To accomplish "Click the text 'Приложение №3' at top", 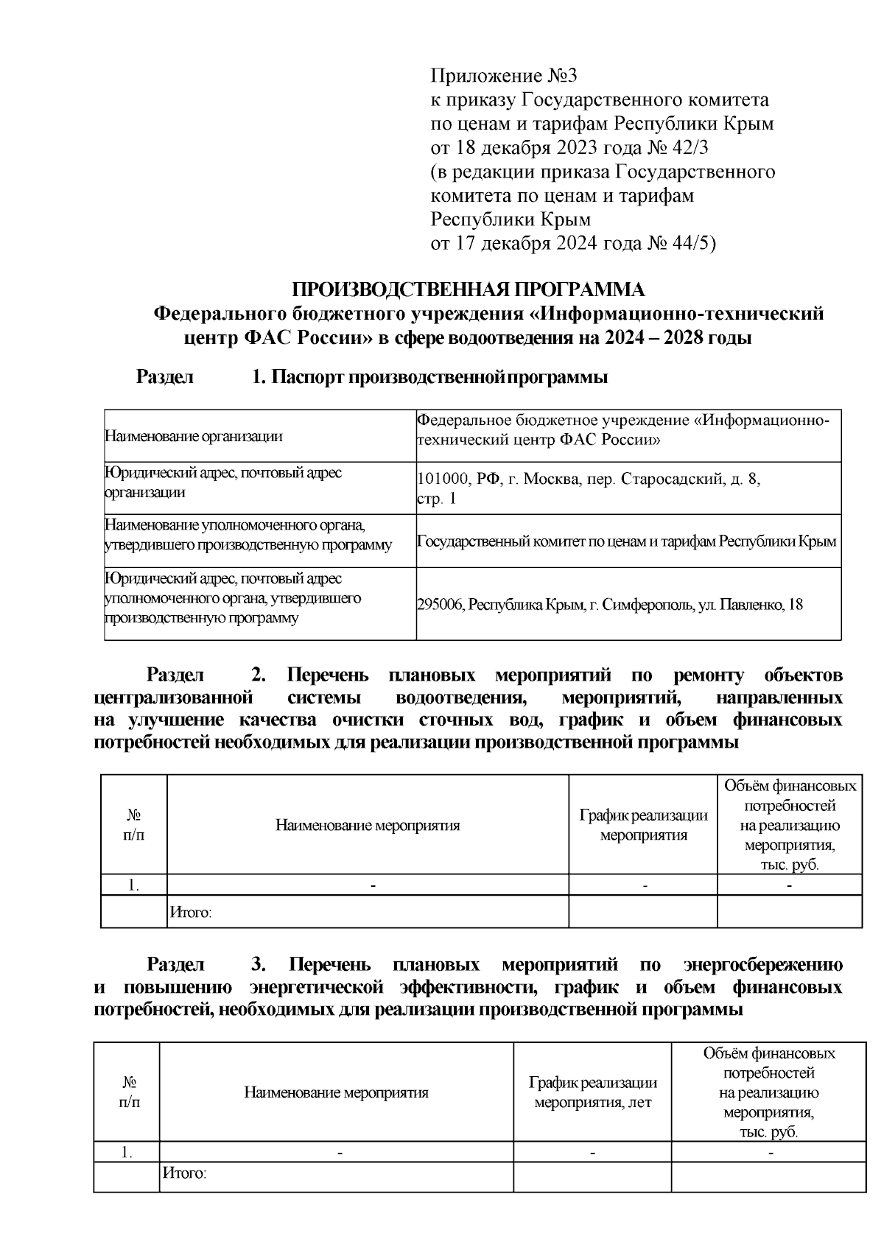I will coord(505,76).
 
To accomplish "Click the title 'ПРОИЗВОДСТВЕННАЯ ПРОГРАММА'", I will coord(469,289).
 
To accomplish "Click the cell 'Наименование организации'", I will coord(194,436).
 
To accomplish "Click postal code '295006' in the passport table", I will coord(441,605).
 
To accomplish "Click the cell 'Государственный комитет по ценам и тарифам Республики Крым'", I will coord(626,541).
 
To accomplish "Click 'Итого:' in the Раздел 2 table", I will coord(191,913).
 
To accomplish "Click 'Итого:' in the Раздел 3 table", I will coord(183,1173).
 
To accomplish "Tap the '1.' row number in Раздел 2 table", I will coord(133,885).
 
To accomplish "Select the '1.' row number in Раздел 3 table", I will coord(127,1153).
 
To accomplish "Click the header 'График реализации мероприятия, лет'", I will coord(592,1092).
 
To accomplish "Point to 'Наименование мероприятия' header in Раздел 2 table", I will coord(368,825).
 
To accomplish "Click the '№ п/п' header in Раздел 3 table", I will coord(129,1092).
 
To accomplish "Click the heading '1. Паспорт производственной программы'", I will coord(429,378).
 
